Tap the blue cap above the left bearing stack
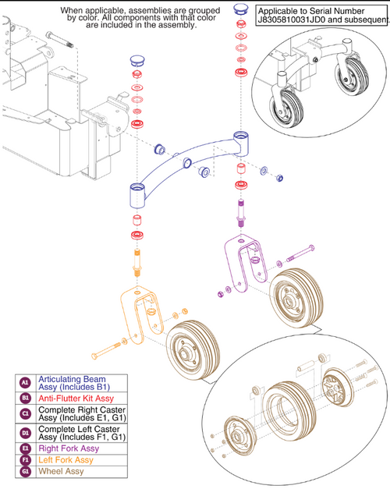click(137, 58)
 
